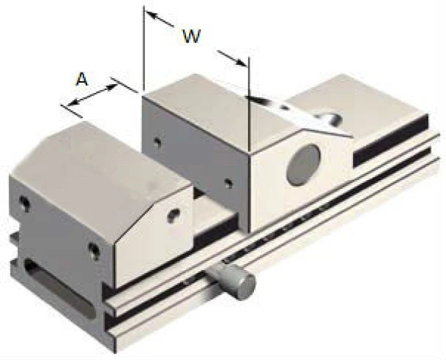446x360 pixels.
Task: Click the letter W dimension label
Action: coord(191,36)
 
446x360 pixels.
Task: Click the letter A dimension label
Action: coord(82,79)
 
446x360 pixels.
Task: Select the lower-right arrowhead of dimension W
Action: coord(241,62)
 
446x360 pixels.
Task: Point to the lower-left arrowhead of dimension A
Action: coord(73,102)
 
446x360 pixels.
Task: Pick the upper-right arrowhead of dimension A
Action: coord(112,87)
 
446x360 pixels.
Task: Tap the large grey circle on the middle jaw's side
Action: coord(303,165)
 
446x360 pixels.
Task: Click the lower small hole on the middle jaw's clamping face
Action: coord(228,183)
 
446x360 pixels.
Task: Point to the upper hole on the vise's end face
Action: coord(25,203)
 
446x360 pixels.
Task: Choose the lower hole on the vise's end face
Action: coord(94,250)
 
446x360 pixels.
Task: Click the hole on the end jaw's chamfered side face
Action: coord(174,215)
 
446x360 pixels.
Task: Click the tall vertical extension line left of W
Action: coord(144,48)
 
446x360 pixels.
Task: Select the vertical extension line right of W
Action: coord(249,105)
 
